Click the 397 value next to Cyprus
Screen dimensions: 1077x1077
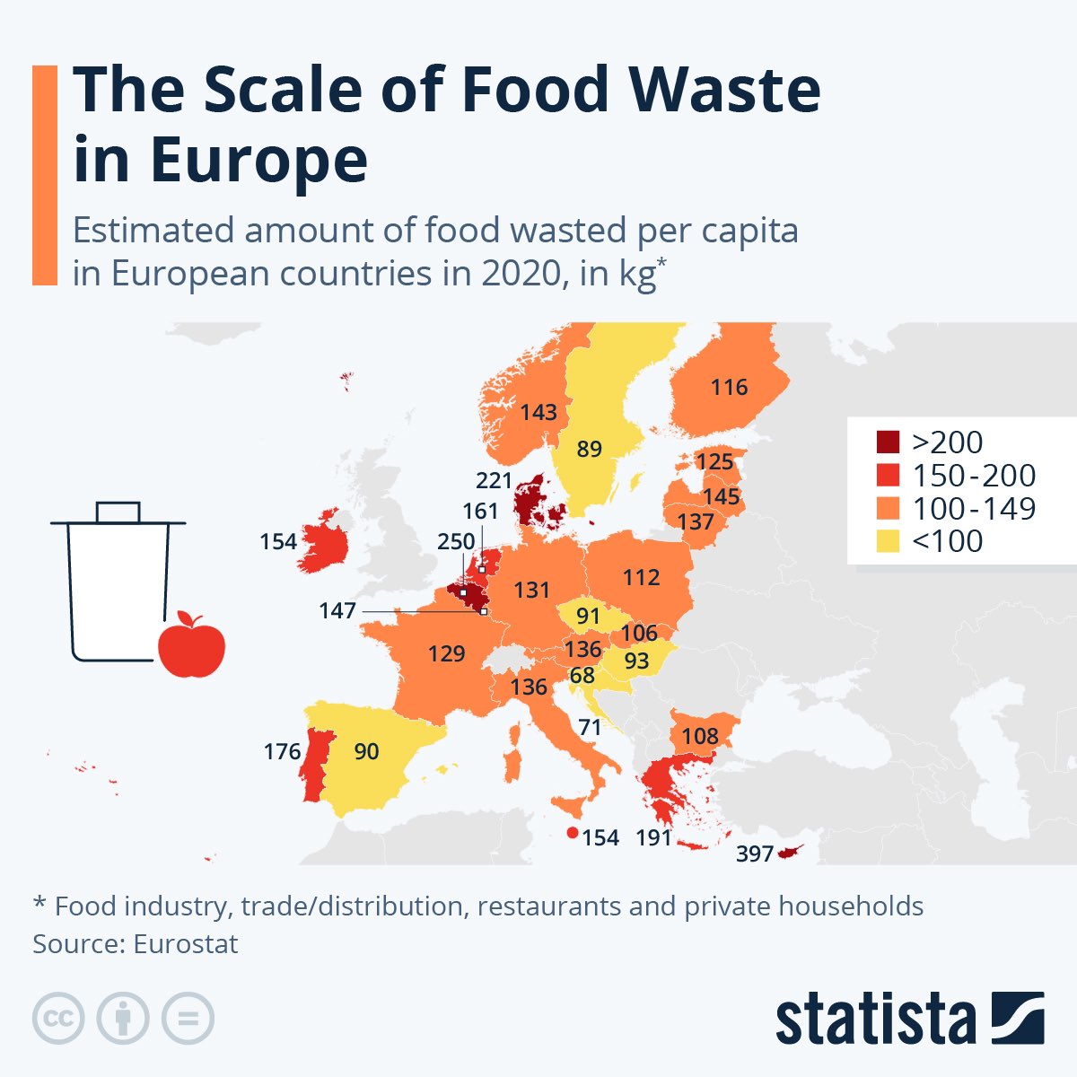coord(754,854)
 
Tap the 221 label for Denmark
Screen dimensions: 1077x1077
coord(494,480)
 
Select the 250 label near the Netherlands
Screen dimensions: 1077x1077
coord(456,542)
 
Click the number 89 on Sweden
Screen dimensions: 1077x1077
coord(589,449)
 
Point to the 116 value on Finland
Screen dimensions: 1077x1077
coord(729,387)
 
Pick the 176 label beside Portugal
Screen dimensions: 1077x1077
coord(282,751)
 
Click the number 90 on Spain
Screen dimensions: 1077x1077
coord(366,751)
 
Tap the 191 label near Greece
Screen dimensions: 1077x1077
coord(653,837)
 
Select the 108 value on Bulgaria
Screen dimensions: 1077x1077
coord(700,736)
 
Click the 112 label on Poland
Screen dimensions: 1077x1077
coord(641,577)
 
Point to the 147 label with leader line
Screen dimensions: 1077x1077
coord(337,611)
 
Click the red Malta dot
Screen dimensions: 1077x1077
coord(572,833)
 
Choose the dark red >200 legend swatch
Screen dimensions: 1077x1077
coord(888,442)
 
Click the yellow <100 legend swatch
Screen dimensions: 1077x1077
coord(888,541)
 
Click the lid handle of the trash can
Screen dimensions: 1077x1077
coord(118,511)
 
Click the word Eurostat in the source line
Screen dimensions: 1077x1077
coord(186,944)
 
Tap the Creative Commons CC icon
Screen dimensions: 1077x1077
coord(58,1019)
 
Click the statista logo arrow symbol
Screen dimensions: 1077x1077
coord(1017,1019)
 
